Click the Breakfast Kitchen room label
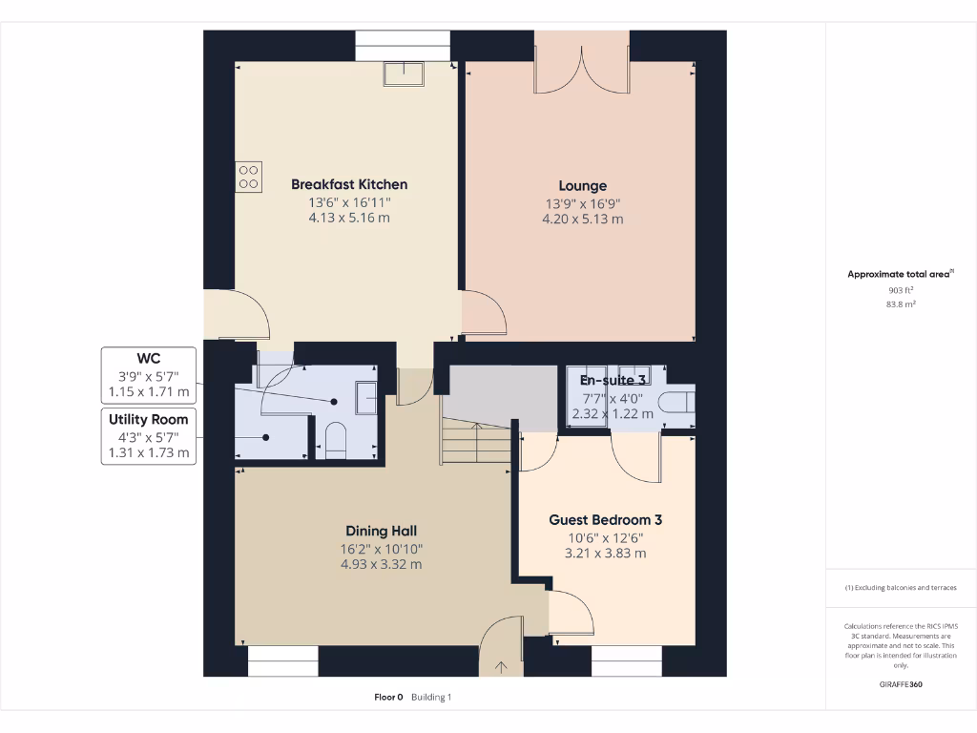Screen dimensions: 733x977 (x=349, y=184)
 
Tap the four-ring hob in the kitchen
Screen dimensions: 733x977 (x=248, y=177)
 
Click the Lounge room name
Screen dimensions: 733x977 (x=582, y=186)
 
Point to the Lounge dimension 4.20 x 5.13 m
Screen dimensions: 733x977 (x=582, y=220)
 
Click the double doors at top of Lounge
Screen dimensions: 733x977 (x=582, y=65)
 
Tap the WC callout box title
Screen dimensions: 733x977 (x=149, y=359)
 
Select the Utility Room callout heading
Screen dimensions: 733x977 (x=149, y=419)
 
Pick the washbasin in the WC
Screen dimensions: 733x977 (x=365, y=397)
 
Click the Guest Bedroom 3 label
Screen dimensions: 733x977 (x=605, y=520)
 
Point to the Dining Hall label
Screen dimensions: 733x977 (x=381, y=531)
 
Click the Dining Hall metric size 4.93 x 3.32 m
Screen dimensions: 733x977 (x=381, y=564)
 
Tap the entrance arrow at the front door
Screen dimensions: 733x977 (x=501, y=667)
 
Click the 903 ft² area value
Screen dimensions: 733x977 (x=901, y=290)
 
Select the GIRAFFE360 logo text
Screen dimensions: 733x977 (x=901, y=684)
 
